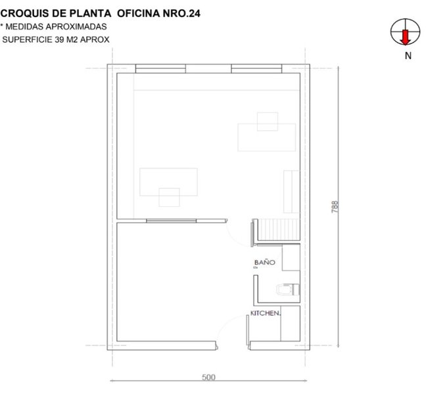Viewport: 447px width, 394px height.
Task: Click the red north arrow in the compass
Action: coord(405,37)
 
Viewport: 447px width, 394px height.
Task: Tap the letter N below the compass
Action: coord(408,56)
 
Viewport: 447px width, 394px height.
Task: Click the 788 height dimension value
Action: coord(335,207)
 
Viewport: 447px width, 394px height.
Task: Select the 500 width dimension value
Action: coord(208,377)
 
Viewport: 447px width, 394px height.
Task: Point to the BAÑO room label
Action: coord(264,262)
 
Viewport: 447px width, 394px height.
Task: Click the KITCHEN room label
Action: coord(266,313)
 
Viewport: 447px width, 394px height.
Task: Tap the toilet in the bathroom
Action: coord(288,290)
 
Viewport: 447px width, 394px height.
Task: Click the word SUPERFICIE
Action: coord(27,39)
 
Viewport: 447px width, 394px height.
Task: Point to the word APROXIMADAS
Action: coord(76,26)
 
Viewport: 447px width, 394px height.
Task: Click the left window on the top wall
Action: coord(160,68)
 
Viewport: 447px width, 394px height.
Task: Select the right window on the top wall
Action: coord(256,68)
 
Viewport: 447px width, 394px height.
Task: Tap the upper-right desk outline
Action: coord(266,137)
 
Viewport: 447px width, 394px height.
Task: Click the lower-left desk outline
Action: coord(168,182)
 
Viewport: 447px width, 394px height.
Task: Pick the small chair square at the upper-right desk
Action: coord(268,121)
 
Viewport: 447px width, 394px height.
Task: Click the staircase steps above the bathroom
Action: coord(279,229)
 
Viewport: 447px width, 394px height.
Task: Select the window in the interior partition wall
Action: coord(171,221)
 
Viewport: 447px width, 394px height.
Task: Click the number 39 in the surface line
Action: coord(59,39)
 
